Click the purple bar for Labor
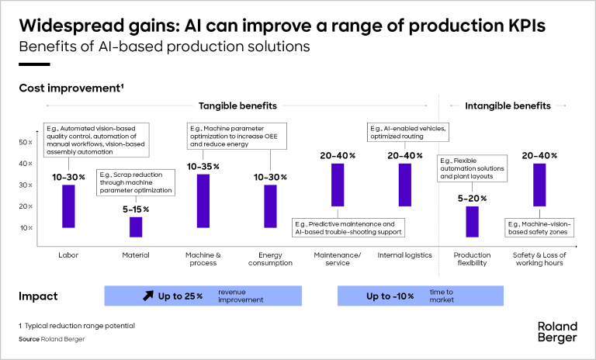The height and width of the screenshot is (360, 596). point(68,206)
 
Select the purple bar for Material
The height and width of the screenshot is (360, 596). point(136,227)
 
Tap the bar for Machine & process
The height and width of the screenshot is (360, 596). point(203,200)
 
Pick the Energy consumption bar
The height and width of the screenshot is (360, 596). point(270,206)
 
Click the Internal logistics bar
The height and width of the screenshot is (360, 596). point(405,185)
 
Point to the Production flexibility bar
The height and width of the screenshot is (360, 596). point(472,221)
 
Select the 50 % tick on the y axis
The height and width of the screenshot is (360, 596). point(25,143)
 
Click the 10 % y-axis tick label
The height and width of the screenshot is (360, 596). point(25,228)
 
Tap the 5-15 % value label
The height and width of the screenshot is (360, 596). point(135,209)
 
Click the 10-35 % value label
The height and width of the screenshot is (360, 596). point(203,167)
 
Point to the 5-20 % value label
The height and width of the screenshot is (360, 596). point(472,199)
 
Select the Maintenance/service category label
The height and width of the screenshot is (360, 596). point(337,258)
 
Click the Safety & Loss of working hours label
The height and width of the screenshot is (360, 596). point(539,258)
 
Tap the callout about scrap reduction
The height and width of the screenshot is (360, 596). point(135,184)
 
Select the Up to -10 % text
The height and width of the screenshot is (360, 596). point(393,296)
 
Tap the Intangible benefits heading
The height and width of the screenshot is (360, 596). point(508,106)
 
